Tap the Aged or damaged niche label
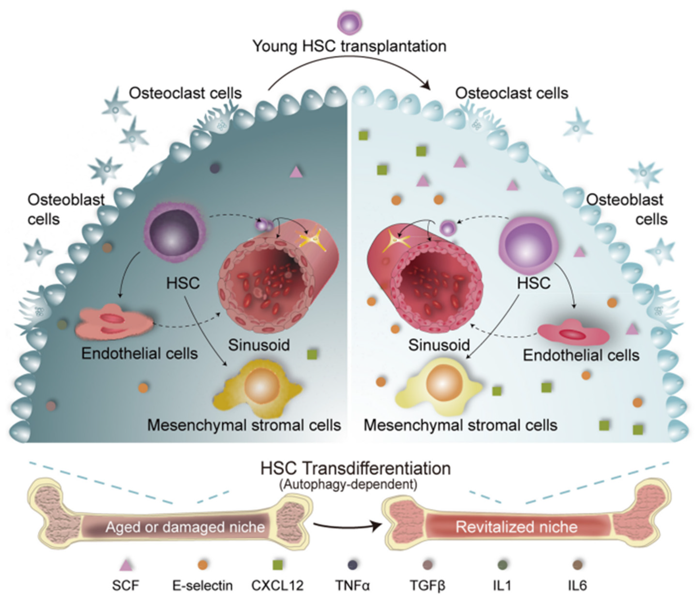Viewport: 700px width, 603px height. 185,527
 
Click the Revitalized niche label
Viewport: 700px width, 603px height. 517,527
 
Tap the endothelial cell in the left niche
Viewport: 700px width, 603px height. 113,321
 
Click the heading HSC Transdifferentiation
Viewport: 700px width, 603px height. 355,468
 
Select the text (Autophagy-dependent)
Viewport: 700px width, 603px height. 348,484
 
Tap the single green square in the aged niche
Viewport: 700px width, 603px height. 312,355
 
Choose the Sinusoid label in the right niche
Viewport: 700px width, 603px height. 439,345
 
